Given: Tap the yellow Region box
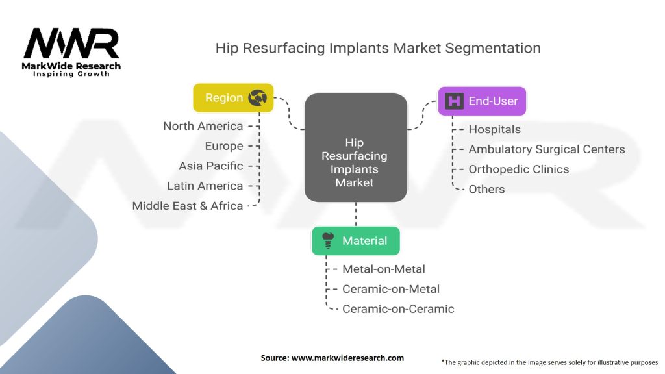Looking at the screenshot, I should [x=233, y=98].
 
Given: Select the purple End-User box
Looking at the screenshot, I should [x=481, y=101].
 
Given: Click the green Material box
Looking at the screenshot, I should [x=355, y=241].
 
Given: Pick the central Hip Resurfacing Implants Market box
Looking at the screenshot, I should [x=355, y=147].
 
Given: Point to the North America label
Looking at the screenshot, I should [x=203, y=126].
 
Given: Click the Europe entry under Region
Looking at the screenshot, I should [x=224, y=146].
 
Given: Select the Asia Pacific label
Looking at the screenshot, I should [x=211, y=166].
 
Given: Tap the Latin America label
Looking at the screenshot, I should [x=205, y=186].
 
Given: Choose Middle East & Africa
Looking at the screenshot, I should [x=188, y=206].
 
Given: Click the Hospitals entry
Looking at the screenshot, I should [x=494, y=129].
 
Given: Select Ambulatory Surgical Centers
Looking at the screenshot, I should [x=546, y=149].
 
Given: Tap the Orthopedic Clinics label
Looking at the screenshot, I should [x=518, y=169].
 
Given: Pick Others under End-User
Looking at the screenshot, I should [x=486, y=189].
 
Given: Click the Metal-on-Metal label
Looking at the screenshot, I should [x=383, y=269].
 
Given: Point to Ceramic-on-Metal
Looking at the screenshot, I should [x=390, y=289].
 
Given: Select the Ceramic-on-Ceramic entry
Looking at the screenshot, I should [x=397, y=309].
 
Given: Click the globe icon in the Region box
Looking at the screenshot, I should [x=258, y=98].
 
